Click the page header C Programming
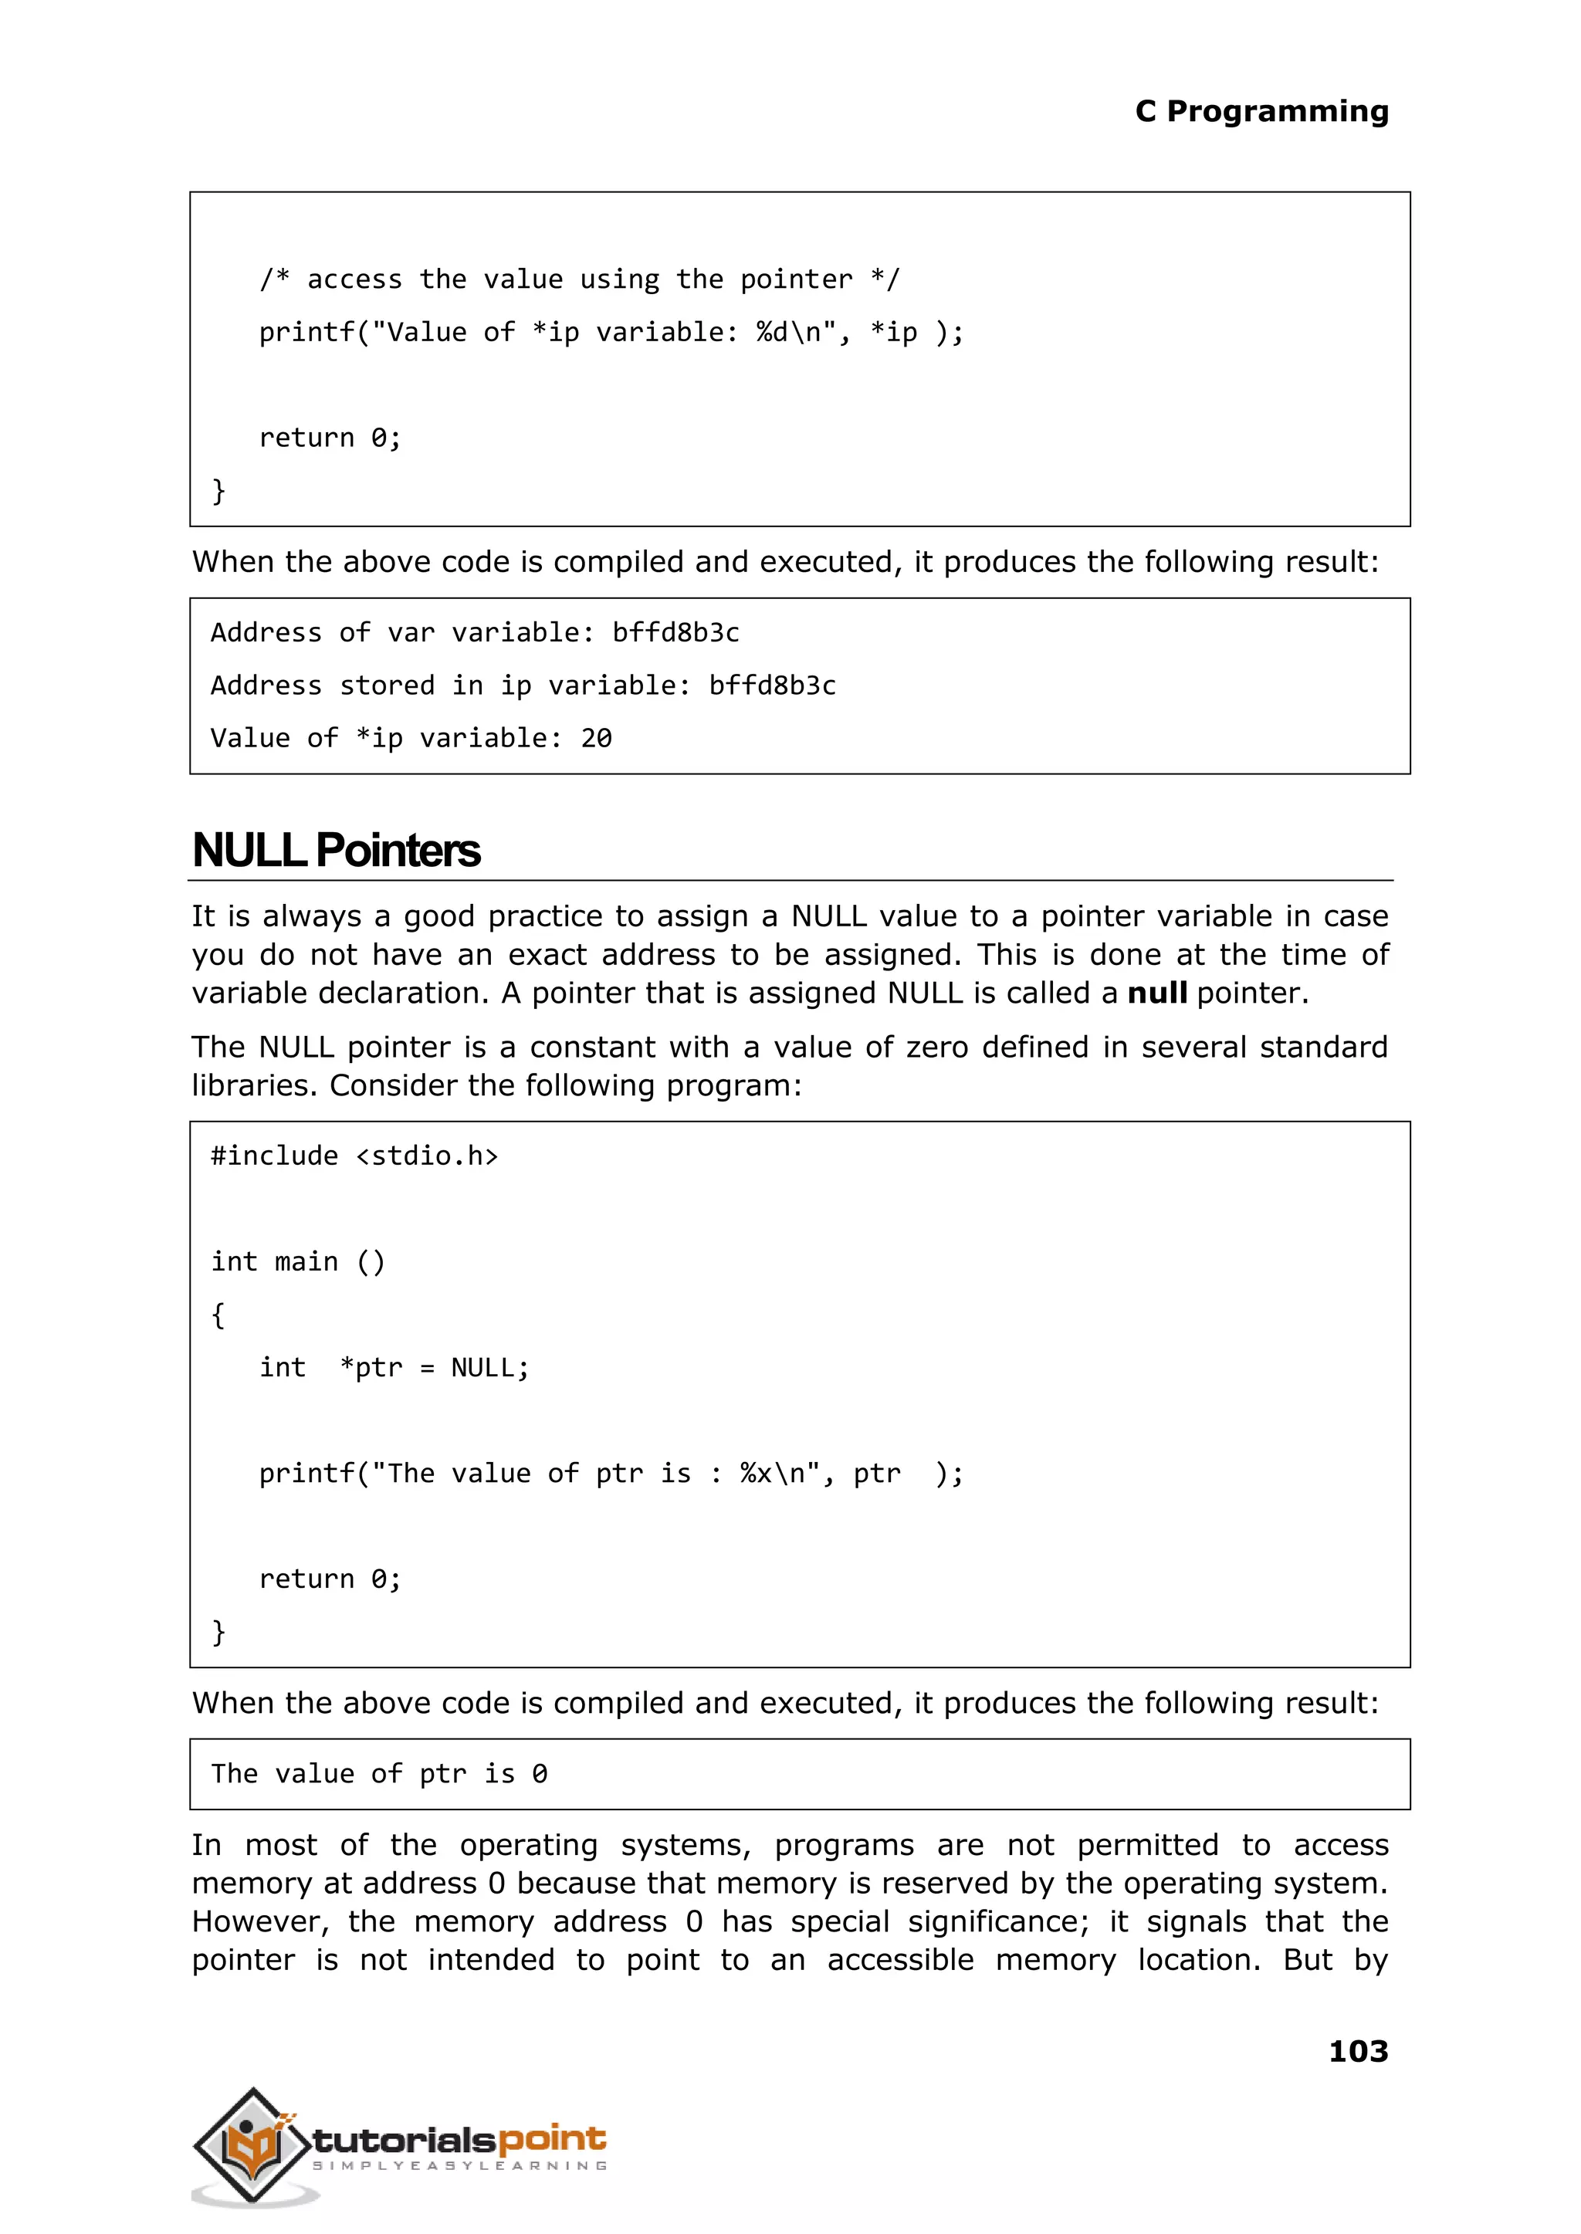1261,112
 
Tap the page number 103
1357,2051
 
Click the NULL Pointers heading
336,850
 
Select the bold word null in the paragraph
1156,993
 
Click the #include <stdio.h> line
354,1156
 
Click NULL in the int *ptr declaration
482,1368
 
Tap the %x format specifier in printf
756,1474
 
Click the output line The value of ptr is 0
379,1774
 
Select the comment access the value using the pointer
579,279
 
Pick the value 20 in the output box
596,739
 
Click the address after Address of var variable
675,633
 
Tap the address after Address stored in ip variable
772,685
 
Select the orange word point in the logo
552,2138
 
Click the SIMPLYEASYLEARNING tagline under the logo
459,2166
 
